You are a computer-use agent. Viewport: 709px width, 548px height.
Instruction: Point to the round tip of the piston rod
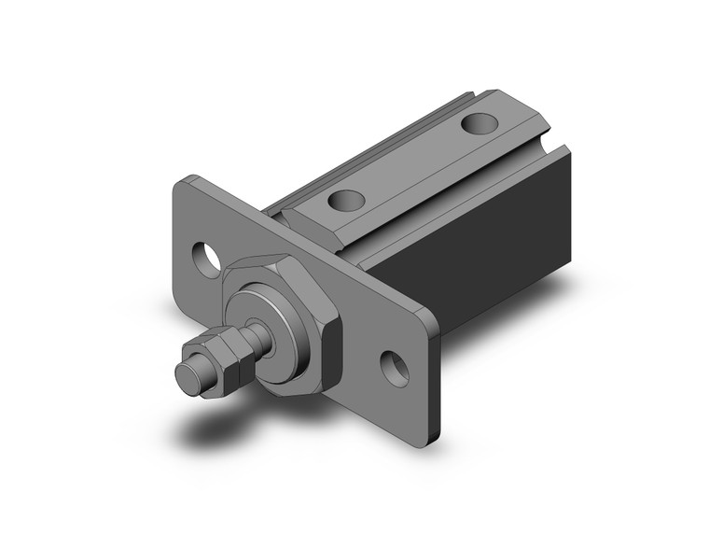188,374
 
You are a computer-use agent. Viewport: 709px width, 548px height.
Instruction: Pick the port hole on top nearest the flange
345,199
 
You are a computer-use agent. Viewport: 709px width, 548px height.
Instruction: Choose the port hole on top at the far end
480,122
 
